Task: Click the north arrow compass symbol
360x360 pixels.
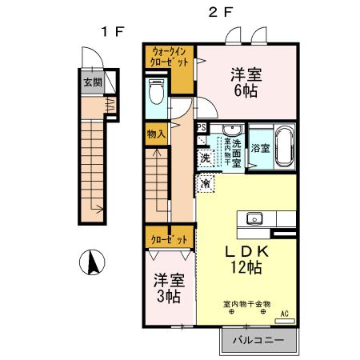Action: coord(92,262)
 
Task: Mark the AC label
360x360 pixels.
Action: coord(284,314)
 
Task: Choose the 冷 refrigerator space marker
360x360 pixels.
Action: coord(206,184)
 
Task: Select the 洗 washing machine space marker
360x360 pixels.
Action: coord(206,158)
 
